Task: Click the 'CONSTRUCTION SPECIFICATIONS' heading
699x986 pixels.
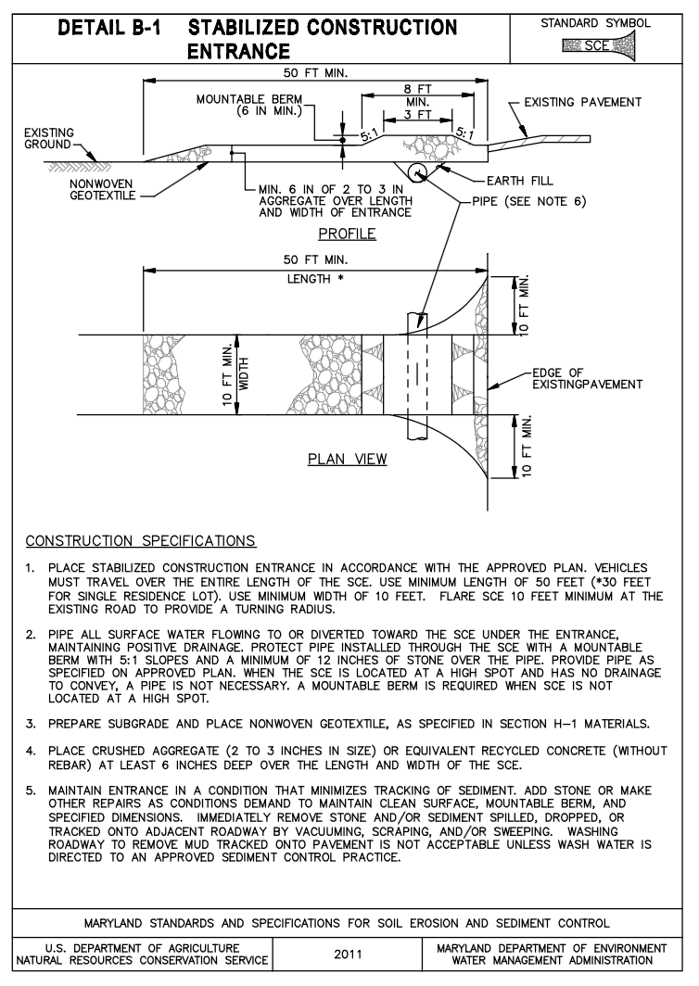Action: coord(141,539)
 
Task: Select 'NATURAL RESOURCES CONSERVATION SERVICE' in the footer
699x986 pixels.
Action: coord(136,960)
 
